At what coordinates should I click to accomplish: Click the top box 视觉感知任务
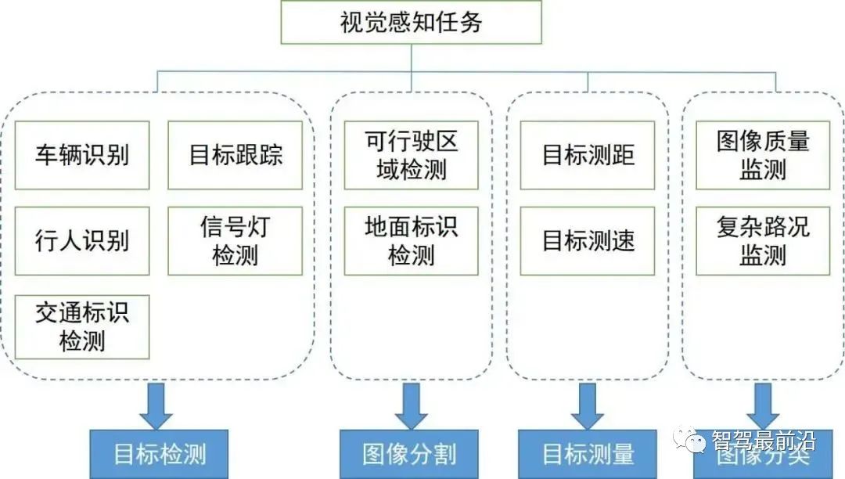pos(411,22)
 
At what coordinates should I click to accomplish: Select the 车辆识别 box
pos(82,155)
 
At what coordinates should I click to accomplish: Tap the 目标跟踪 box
pos(235,155)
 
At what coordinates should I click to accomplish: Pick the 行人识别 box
pos(82,241)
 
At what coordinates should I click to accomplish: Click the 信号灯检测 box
pos(235,241)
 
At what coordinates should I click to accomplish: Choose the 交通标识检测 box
pos(82,327)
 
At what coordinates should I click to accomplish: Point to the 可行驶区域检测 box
pos(411,155)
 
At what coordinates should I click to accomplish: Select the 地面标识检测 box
pos(411,241)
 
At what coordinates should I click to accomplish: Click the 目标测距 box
pos(588,155)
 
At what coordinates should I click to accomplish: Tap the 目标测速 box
pos(588,241)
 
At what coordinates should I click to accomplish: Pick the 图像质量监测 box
pos(763,155)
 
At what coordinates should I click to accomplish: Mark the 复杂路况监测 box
pos(763,241)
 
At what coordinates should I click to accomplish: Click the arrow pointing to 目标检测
pos(156,405)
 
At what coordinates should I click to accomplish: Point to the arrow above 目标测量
pos(588,405)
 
